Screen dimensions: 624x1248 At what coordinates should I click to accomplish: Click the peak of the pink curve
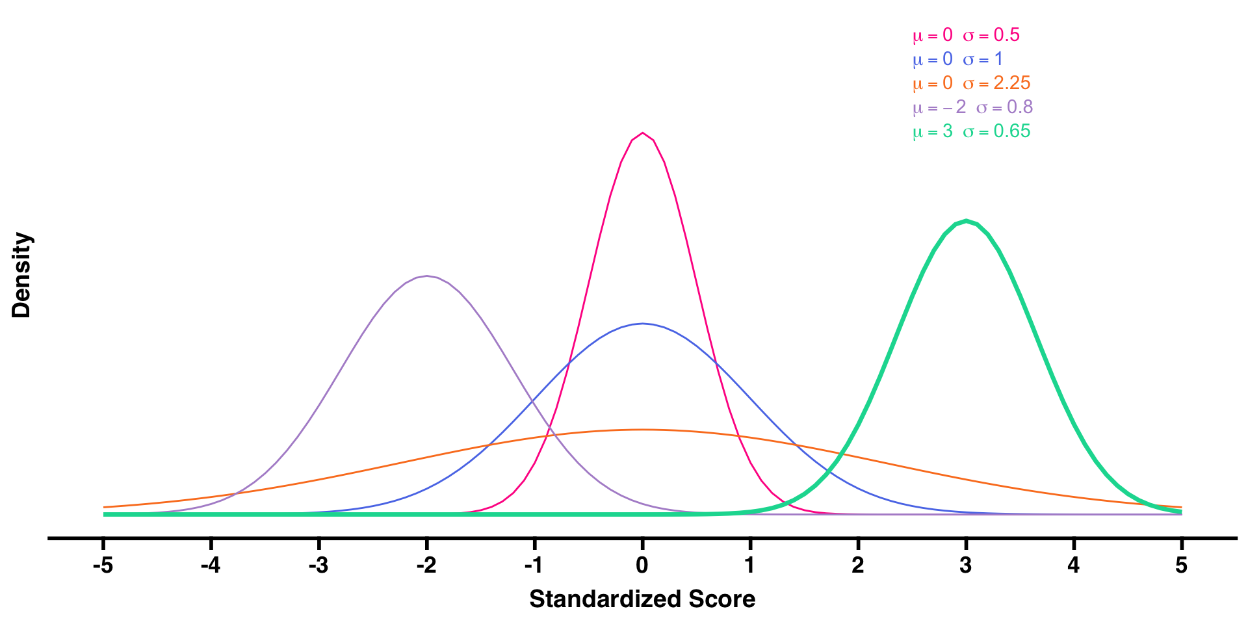[x=642, y=133]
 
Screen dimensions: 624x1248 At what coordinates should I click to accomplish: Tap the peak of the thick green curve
[x=966, y=221]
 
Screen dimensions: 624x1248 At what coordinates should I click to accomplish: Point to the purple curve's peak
[x=426, y=276]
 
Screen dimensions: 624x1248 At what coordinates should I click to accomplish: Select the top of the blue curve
[x=642, y=324]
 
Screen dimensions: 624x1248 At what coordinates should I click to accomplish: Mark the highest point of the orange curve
[x=642, y=430]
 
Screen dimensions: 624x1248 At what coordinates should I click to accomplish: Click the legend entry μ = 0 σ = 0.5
[x=966, y=35]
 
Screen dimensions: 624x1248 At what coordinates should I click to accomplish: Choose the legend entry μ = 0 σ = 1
[x=957, y=59]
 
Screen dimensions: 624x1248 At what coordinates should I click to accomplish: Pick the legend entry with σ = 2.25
[x=971, y=83]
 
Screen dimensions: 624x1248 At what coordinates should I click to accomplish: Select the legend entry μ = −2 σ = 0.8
[x=972, y=107]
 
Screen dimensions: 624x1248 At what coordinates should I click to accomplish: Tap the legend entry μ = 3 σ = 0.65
[x=971, y=131]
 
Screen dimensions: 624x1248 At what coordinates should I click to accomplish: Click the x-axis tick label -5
[x=103, y=565]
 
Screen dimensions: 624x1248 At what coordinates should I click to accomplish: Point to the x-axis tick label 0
[x=642, y=565]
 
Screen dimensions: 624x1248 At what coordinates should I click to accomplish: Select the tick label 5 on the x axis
[x=1181, y=565]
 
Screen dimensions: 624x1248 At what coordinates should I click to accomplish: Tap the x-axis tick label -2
[x=426, y=565]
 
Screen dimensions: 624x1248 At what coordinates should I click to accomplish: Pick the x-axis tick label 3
[x=966, y=565]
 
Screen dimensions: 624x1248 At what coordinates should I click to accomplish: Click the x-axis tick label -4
[x=210, y=565]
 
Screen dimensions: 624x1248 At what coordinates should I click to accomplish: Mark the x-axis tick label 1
[x=750, y=565]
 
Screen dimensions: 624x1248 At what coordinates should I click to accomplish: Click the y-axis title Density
[x=21, y=275]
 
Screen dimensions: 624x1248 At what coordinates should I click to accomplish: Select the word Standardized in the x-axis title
[x=606, y=599]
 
